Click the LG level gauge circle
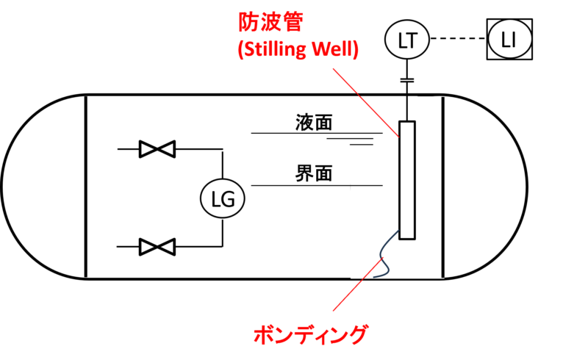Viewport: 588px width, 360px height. click(x=222, y=198)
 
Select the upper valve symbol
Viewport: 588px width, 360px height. click(x=157, y=150)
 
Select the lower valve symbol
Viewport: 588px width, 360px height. click(x=157, y=246)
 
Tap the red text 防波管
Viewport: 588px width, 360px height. click(x=270, y=23)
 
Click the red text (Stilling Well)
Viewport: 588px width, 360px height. click(x=298, y=51)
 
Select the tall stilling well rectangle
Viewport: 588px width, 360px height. click(x=406, y=180)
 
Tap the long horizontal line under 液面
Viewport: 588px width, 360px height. click(x=317, y=133)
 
